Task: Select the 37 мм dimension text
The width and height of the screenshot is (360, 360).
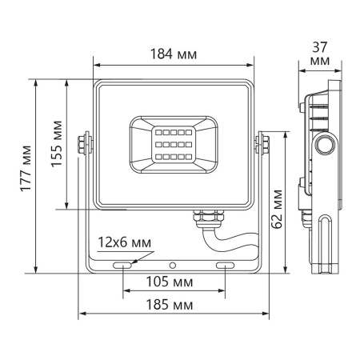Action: tap(319, 54)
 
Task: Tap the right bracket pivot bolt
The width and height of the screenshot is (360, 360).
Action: tap(261, 143)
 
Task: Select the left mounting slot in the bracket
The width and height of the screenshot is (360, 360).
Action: tap(123, 264)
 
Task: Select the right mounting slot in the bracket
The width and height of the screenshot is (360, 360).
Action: tap(225, 264)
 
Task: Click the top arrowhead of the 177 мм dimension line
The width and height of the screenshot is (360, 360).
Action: tap(38, 82)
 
